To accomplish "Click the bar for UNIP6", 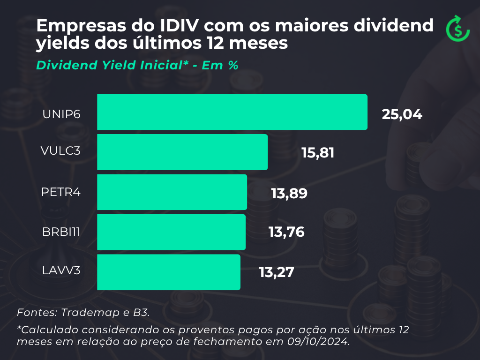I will pos(232,112).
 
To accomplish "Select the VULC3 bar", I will pos(182,152).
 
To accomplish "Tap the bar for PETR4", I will pos(172,192).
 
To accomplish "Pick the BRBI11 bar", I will pos(171,232).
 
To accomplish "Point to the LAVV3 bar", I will pos(169,272).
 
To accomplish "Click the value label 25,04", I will pos(402,114).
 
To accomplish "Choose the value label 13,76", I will pos(286,232).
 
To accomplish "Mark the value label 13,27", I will pos(277,272).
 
